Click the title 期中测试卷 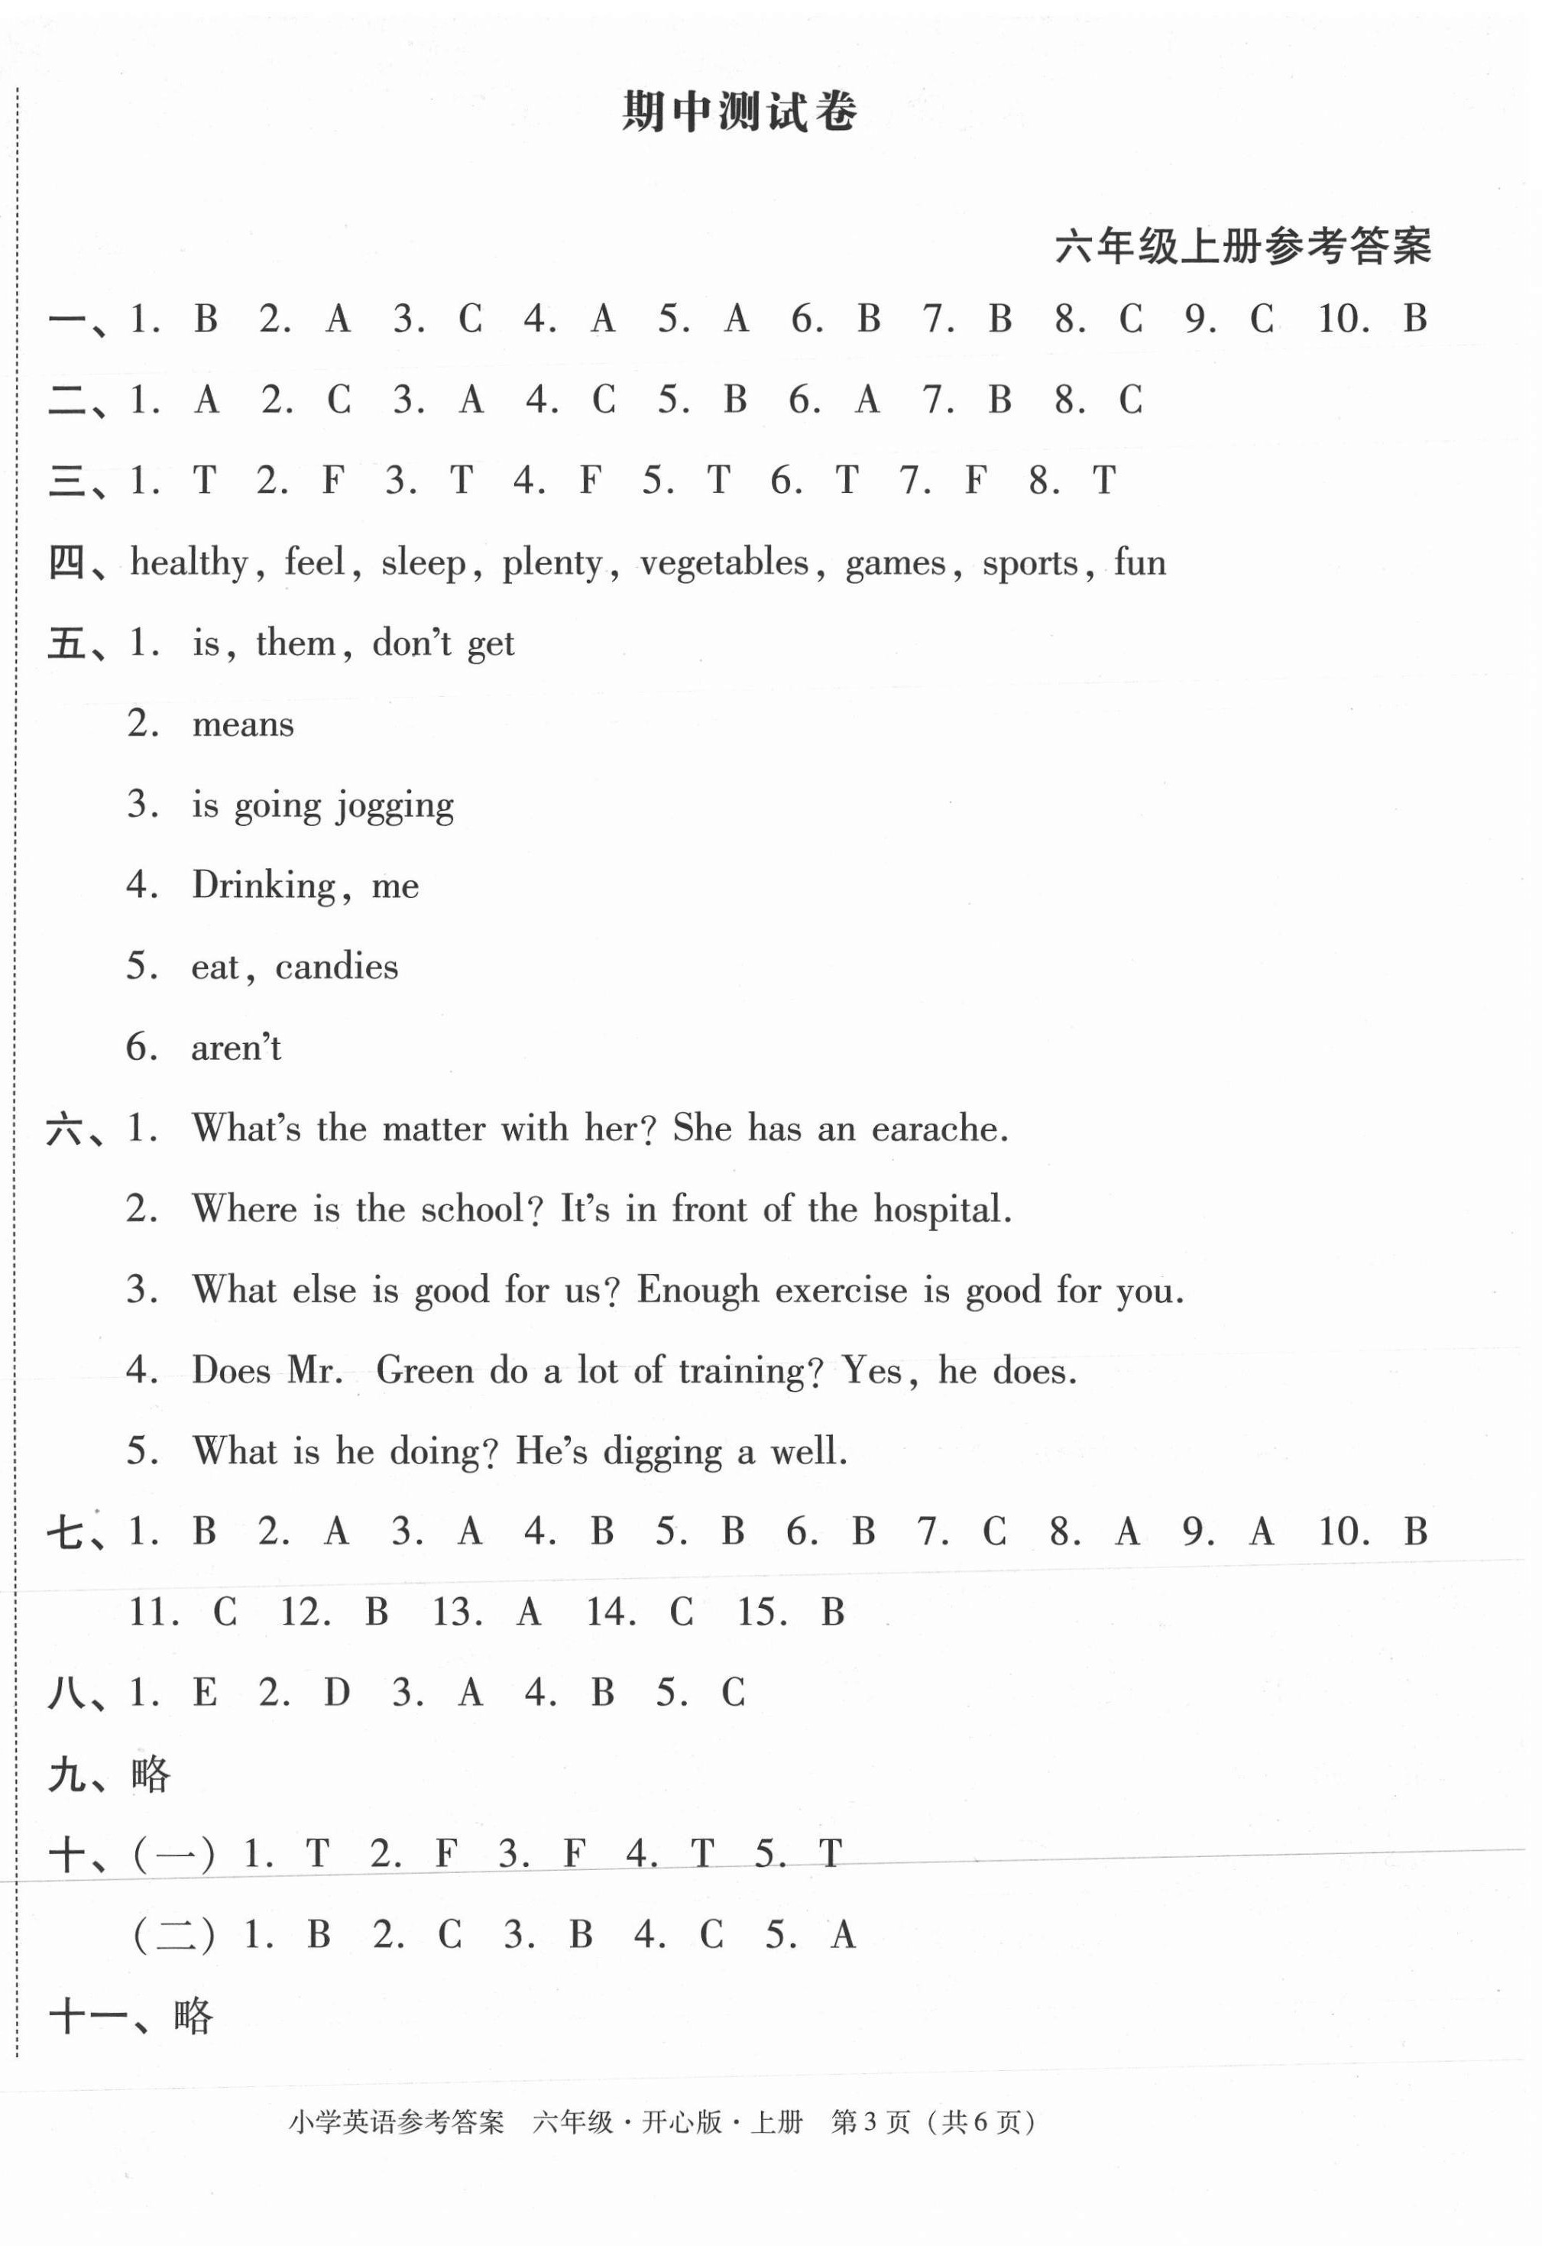739,112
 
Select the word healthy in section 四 190,562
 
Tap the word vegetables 724,562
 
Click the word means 242,724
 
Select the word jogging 395,807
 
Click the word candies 336,967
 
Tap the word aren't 236,1048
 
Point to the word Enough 698,1292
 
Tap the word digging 662,1454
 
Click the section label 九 66,1776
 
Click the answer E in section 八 205,1693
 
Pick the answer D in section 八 336,1693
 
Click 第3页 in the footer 870,2122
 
